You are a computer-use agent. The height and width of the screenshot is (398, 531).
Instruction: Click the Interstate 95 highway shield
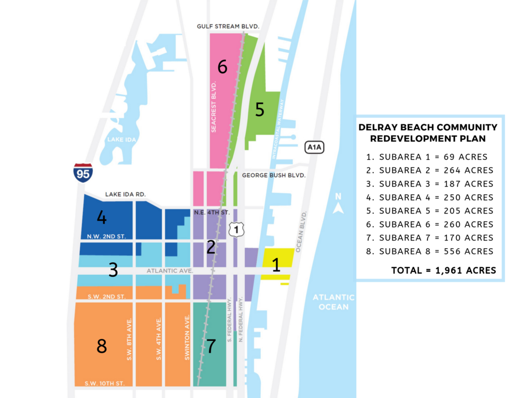83,172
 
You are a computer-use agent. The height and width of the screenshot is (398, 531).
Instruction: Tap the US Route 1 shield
236,229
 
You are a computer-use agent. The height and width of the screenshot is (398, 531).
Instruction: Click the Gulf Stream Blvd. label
228,26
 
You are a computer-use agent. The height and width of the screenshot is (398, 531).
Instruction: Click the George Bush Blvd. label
274,176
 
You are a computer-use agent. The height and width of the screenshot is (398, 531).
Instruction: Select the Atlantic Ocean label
333,302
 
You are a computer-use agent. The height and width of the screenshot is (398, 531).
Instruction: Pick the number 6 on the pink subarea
222,67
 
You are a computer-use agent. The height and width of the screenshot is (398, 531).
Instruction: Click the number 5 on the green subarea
260,109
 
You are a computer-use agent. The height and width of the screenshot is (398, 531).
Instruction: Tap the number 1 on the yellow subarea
276,265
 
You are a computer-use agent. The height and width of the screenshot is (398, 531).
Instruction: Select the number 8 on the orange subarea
102,346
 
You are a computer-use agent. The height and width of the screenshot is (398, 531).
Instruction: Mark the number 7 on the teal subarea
211,346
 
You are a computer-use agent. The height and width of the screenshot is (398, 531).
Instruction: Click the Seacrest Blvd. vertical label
214,106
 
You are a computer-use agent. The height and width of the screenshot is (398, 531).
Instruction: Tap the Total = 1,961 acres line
443,270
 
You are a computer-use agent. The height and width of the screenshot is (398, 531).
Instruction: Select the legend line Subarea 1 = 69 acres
426,157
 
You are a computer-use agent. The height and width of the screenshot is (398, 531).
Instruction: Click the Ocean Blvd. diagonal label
301,232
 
